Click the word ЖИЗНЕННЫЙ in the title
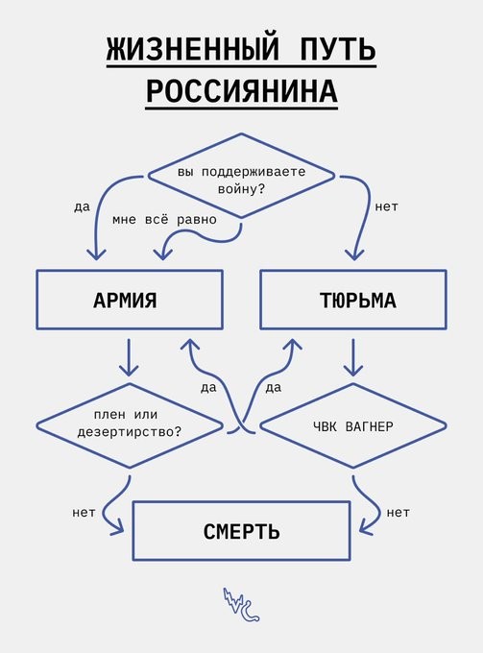(x=192, y=49)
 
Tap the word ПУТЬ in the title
(x=337, y=49)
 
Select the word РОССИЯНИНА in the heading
(x=242, y=91)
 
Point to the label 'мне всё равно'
(x=164, y=220)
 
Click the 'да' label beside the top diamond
(x=82, y=207)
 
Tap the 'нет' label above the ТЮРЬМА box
(x=386, y=206)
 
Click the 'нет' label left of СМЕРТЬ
(x=84, y=512)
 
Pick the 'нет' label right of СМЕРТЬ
(x=398, y=512)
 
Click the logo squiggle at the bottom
(x=241, y=605)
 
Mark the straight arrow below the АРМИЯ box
(x=129, y=357)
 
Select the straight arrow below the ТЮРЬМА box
(x=353, y=357)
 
